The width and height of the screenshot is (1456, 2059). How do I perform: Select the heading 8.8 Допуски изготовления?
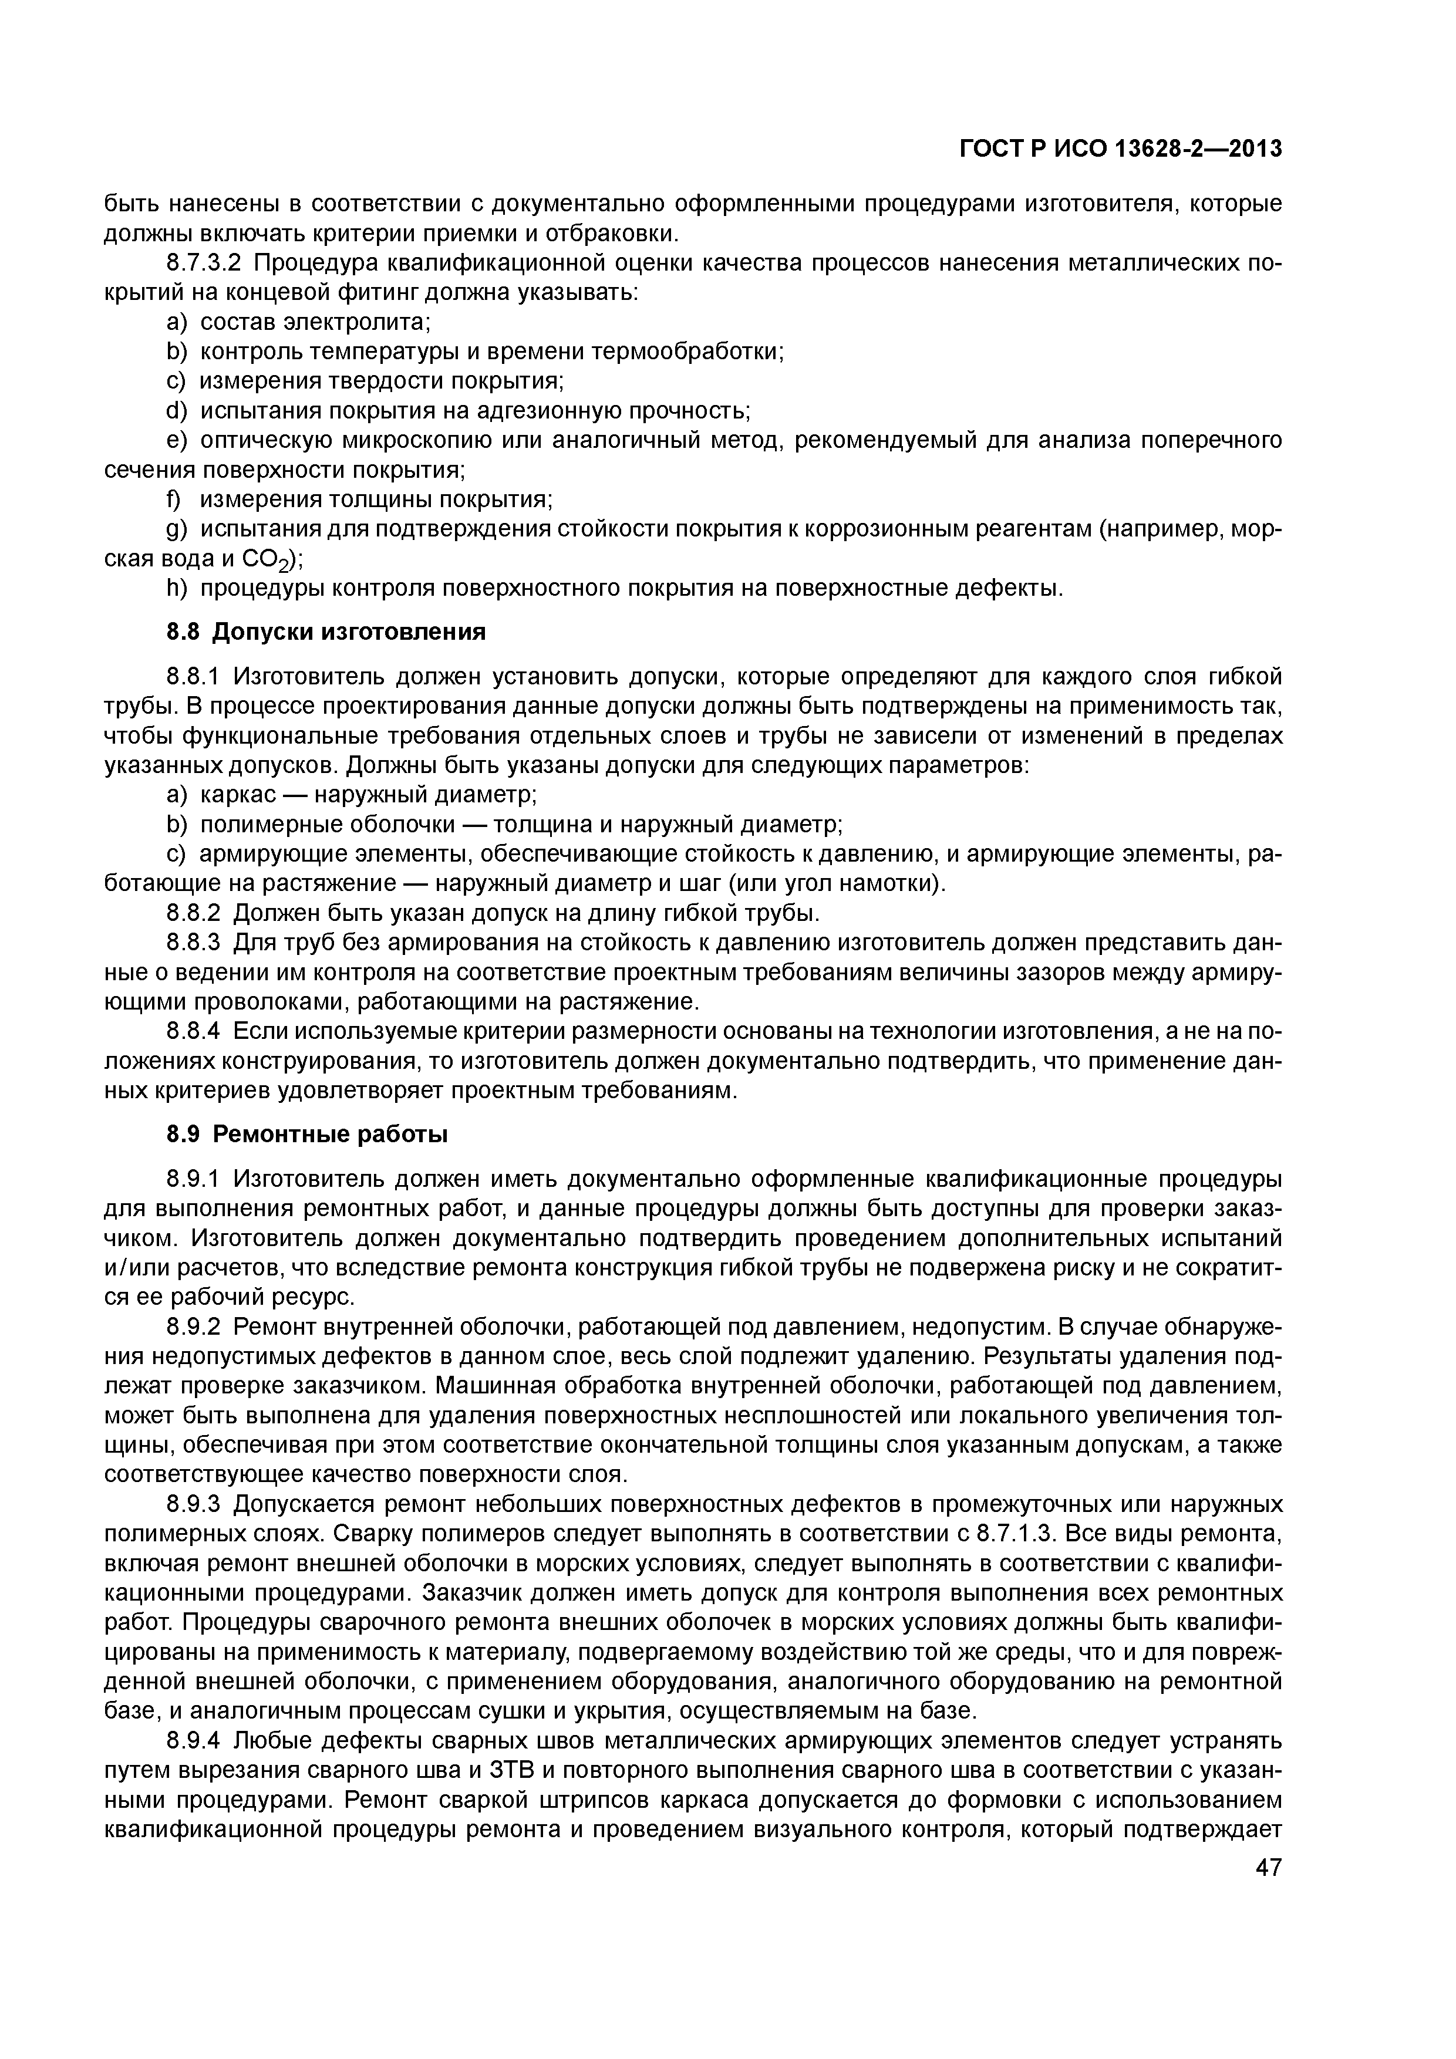click(x=326, y=632)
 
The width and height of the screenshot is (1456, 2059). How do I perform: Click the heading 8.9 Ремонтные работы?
click(x=308, y=1135)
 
